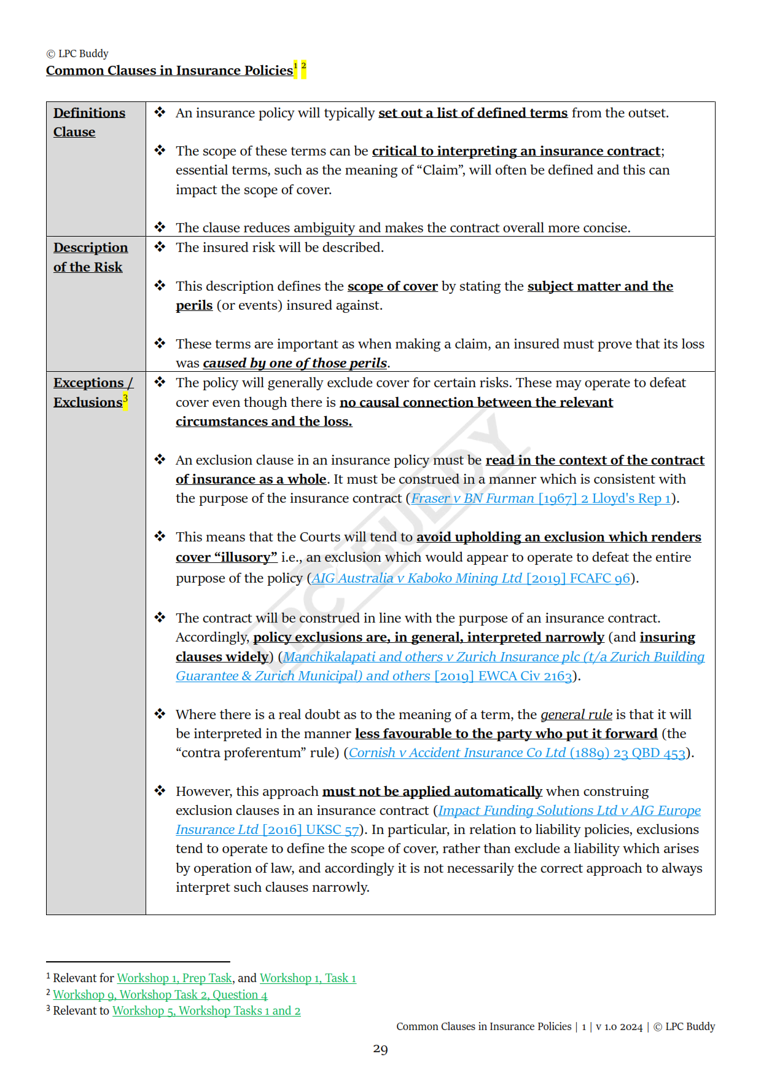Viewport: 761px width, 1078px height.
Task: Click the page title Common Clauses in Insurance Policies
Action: pos(169,71)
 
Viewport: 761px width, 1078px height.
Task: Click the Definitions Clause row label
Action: pos(88,122)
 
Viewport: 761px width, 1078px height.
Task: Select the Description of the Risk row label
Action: pos(90,257)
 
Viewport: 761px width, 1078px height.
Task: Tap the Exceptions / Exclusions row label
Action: pos(92,392)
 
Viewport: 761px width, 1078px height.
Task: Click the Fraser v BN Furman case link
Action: pos(541,498)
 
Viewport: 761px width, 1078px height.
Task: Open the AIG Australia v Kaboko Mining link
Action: pos(471,578)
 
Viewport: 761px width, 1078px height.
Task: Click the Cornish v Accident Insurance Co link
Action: pos(517,753)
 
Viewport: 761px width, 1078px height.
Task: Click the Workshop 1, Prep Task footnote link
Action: pos(174,978)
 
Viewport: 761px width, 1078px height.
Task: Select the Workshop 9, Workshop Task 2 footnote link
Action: pos(160,994)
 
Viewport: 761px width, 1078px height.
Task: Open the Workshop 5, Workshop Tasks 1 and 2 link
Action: pos(206,1010)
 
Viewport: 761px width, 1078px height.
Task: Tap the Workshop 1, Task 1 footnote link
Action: pos(308,978)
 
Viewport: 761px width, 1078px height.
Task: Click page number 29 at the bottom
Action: pos(380,1049)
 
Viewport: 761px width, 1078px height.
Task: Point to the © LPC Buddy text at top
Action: pos(77,53)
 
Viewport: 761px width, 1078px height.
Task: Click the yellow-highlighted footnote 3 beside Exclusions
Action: pos(125,399)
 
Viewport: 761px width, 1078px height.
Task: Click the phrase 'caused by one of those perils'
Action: pos(295,363)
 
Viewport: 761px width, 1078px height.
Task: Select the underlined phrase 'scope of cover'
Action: pos(392,286)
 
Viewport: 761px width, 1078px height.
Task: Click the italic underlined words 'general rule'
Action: pos(576,715)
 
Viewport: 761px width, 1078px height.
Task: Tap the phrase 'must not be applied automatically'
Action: pos(432,792)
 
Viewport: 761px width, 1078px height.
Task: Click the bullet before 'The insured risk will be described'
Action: pos(160,247)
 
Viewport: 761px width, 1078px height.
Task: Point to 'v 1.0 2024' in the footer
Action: pos(619,1027)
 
